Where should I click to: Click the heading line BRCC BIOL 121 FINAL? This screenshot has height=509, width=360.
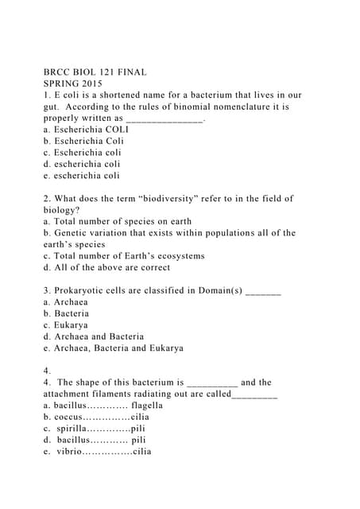click(95, 72)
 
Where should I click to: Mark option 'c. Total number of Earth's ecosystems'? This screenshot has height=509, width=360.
click(124, 256)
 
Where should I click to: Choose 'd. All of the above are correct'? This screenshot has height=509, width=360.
click(106, 267)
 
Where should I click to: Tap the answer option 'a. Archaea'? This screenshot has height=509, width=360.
click(66, 302)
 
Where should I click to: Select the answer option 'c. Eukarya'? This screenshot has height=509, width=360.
click(66, 325)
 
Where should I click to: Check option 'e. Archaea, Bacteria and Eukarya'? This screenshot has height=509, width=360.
click(114, 348)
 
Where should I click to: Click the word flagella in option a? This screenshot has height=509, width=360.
click(147, 405)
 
